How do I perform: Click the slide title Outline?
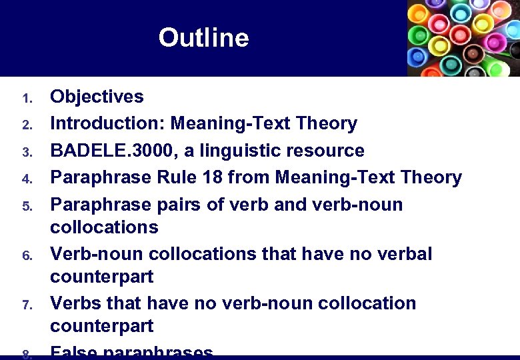pyautogui.click(x=203, y=37)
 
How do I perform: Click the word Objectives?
pyautogui.click(x=97, y=97)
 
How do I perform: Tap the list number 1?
pyautogui.click(x=27, y=99)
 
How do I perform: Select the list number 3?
pyautogui.click(x=27, y=153)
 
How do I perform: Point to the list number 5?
pyautogui.click(x=27, y=206)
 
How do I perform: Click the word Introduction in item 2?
pyautogui.click(x=107, y=123)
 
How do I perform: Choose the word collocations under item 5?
pyautogui.click(x=105, y=227)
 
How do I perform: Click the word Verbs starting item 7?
pyautogui.click(x=75, y=303)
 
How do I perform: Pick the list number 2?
pyautogui.click(x=27, y=125)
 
